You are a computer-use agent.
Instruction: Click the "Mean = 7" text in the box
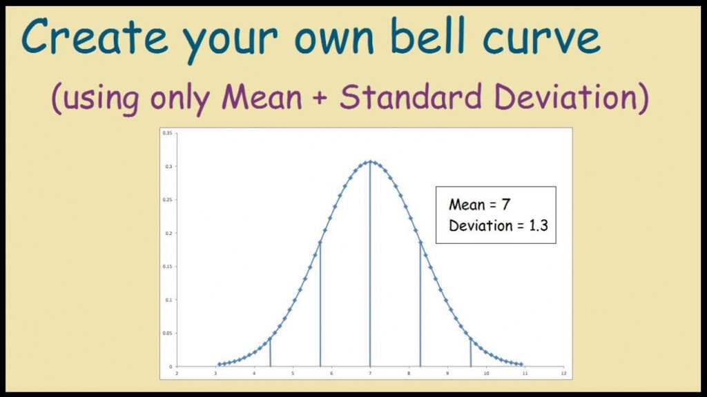(x=479, y=205)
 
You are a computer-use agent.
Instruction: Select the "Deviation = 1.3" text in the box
(x=498, y=225)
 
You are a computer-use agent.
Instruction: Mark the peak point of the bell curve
(x=370, y=161)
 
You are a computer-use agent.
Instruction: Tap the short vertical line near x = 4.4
(x=270, y=352)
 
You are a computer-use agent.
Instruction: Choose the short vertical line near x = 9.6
(x=471, y=352)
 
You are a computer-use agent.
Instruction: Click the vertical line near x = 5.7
(x=320, y=304)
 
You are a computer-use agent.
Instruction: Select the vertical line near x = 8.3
(x=420, y=304)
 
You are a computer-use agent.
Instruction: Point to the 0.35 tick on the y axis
(x=167, y=132)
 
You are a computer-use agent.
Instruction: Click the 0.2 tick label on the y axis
(x=168, y=233)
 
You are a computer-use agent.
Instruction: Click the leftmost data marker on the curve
(x=220, y=364)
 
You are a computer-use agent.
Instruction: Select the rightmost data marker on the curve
(x=521, y=364)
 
